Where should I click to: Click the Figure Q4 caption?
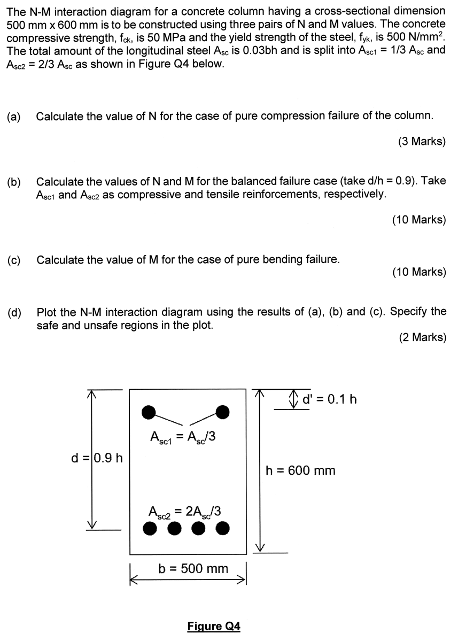coord(214,626)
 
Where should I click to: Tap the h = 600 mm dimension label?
coord(300,470)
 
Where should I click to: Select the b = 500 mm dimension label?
coord(193,568)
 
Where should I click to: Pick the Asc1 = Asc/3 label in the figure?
coord(182,438)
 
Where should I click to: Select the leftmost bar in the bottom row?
coord(150,529)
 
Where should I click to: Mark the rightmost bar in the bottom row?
coord(223,529)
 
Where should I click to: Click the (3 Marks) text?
coord(422,141)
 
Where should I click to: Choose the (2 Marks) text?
coord(422,337)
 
